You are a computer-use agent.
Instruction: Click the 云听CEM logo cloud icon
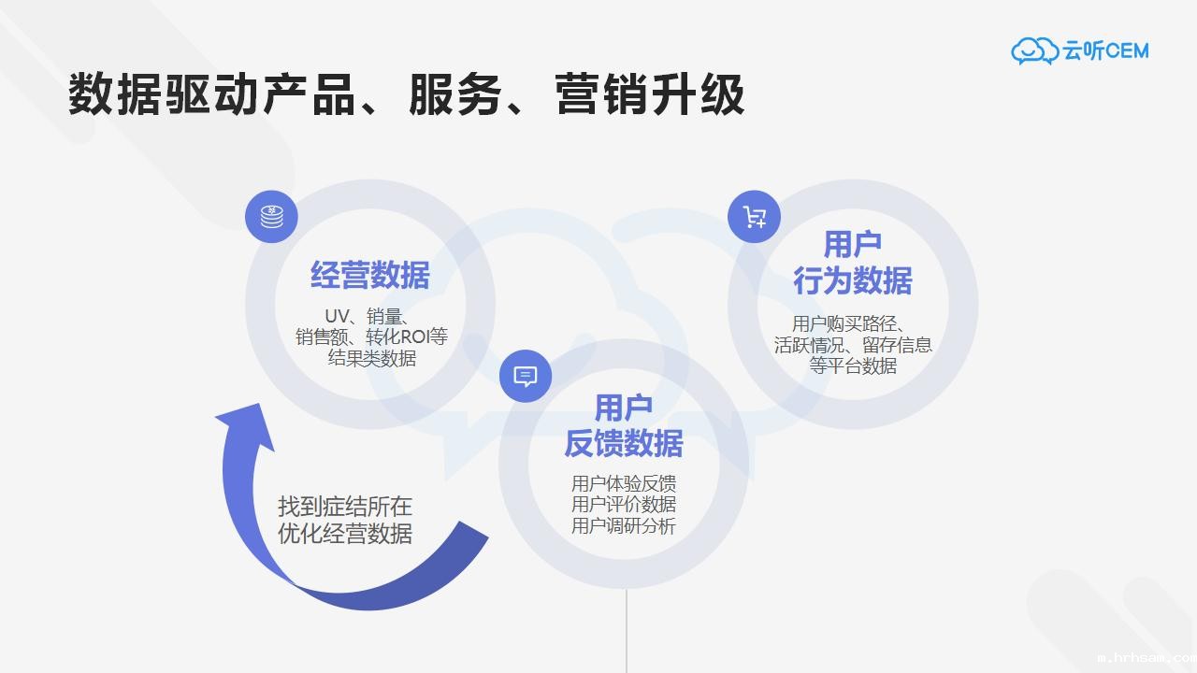coord(1034,50)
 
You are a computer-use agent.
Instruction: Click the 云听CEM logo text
coord(1105,50)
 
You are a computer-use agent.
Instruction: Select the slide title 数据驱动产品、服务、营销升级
coord(406,94)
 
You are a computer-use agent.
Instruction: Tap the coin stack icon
coord(271,216)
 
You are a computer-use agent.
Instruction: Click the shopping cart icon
coord(754,217)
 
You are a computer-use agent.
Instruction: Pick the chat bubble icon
coord(526,377)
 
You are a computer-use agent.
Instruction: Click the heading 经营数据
coord(370,276)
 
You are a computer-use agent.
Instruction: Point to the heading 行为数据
coord(853,279)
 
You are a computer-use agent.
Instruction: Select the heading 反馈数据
coord(624,443)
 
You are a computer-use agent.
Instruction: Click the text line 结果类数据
coord(371,358)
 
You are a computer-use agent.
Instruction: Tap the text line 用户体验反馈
coord(624,483)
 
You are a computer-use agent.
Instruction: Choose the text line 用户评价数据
coord(624,504)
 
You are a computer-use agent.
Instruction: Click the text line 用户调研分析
coord(624,525)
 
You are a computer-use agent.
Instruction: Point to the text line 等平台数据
coord(853,365)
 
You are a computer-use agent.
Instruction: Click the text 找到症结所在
coord(345,507)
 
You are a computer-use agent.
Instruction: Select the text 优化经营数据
coord(345,534)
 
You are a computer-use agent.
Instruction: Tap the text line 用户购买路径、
coord(847,323)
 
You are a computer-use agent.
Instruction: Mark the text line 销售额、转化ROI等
coord(371,336)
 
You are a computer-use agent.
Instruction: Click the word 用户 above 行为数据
coord(853,245)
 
